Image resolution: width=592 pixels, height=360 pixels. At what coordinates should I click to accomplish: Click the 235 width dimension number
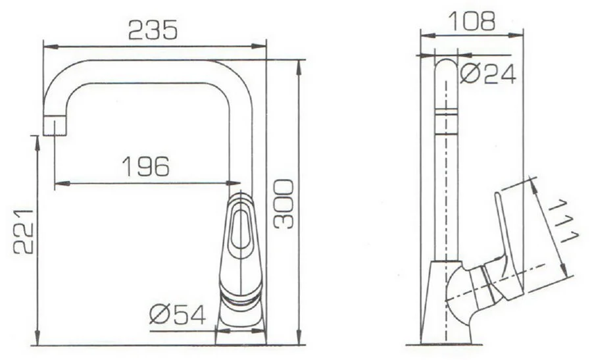[x=153, y=30]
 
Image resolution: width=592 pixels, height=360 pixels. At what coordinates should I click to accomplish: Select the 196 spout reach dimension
[x=145, y=167]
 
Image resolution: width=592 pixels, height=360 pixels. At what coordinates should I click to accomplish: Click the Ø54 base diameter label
[x=177, y=317]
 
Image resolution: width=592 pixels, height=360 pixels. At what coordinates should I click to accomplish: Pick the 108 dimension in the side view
[x=470, y=21]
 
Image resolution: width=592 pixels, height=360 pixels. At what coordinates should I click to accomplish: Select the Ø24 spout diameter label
[x=487, y=74]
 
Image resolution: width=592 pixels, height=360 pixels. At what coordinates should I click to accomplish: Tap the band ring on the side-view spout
[x=447, y=115]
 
